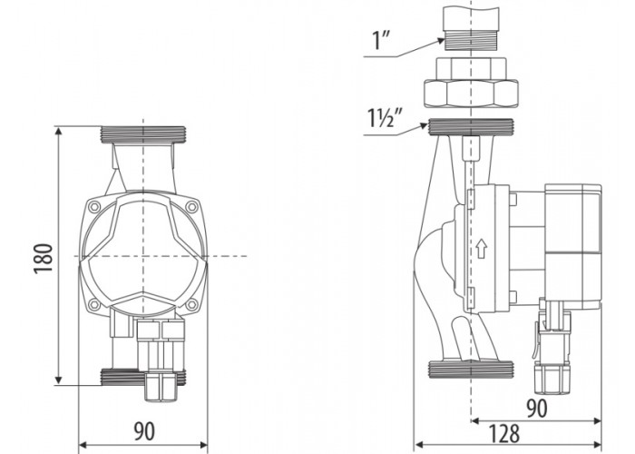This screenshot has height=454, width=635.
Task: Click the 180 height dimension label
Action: (x=44, y=259)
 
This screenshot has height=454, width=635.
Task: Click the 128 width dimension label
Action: (x=504, y=434)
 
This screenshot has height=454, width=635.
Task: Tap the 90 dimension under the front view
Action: (x=144, y=431)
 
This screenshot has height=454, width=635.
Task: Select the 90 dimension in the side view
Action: (x=537, y=409)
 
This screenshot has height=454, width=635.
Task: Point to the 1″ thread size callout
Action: (x=382, y=40)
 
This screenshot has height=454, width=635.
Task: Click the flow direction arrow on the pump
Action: (x=481, y=248)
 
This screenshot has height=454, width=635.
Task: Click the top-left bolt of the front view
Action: (x=94, y=207)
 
